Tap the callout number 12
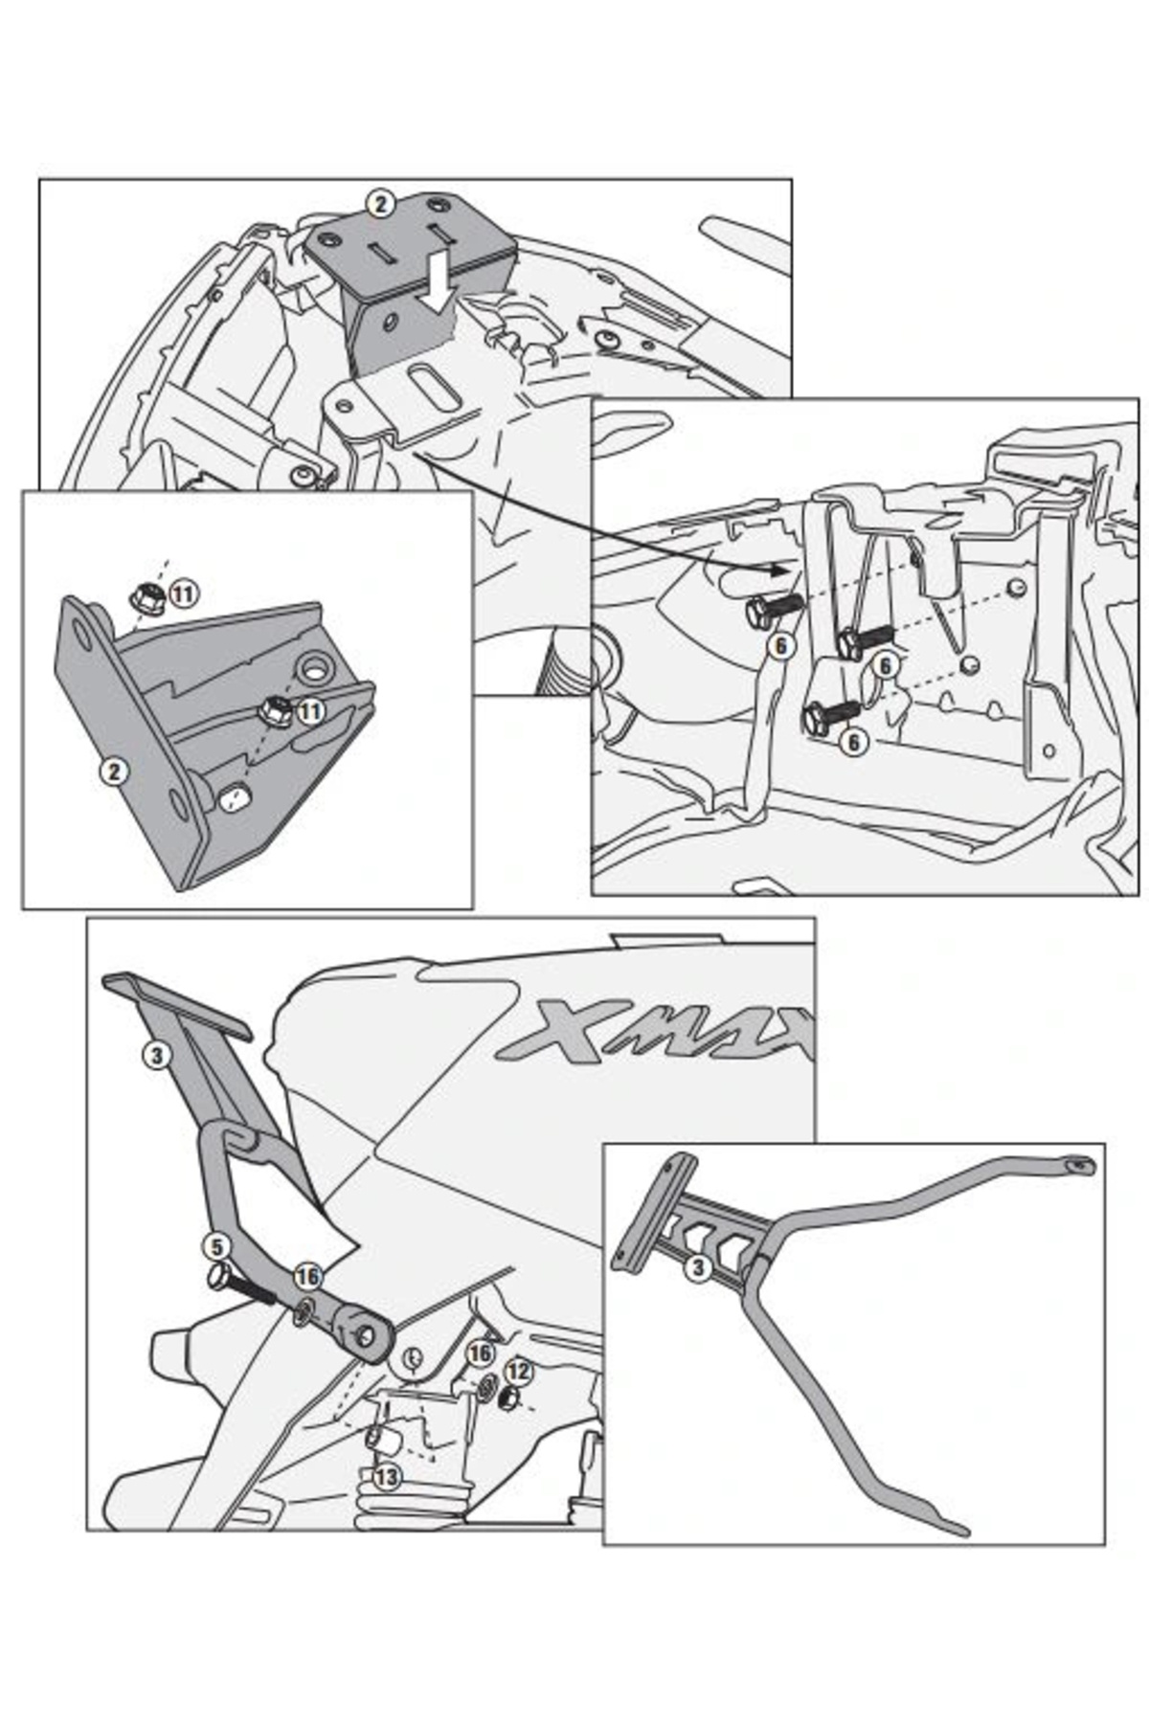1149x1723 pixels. [x=519, y=1371]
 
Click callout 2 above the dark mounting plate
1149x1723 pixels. [x=381, y=204]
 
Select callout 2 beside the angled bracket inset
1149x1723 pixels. [x=115, y=771]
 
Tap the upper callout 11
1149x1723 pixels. [x=183, y=593]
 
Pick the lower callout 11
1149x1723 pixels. [x=310, y=711]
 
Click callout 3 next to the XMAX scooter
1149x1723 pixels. [x=157, y=1057]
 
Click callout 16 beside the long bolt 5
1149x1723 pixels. [x=307, y=1277]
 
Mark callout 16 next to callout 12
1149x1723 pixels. [x=480, y=1353]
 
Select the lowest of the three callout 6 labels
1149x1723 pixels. [x=855, y=742]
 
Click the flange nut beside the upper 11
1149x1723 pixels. [x=147, y=598]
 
